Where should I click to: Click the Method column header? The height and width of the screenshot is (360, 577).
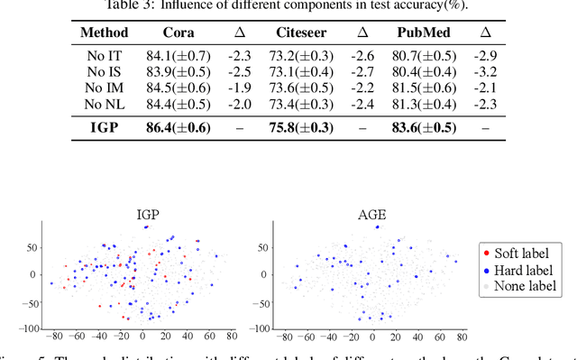[x=104, y=32]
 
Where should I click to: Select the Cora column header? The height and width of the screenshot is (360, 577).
[x=178, y=32]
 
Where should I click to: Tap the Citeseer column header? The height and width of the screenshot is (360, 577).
[x=300, y=32]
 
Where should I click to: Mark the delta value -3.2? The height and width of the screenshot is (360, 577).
[x=484, y=71]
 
